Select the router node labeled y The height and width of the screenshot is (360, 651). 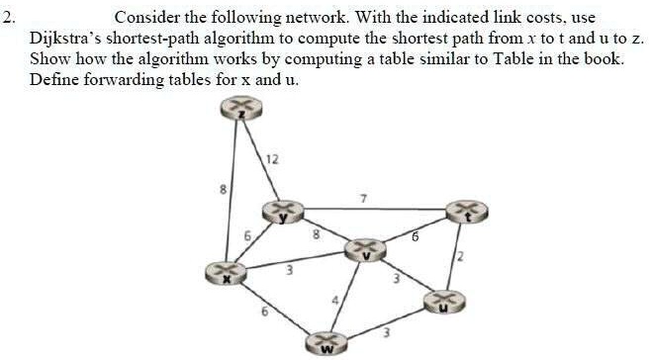pos(281,211)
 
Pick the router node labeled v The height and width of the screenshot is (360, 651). pos(365,250)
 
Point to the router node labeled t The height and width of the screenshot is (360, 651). pos(466,211)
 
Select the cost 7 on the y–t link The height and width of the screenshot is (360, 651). pos(364,199)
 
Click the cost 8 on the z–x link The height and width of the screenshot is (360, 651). pos(224,188)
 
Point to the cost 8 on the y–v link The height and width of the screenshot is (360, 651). pos(316,235)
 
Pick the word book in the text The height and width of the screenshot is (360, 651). pos(604,59)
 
